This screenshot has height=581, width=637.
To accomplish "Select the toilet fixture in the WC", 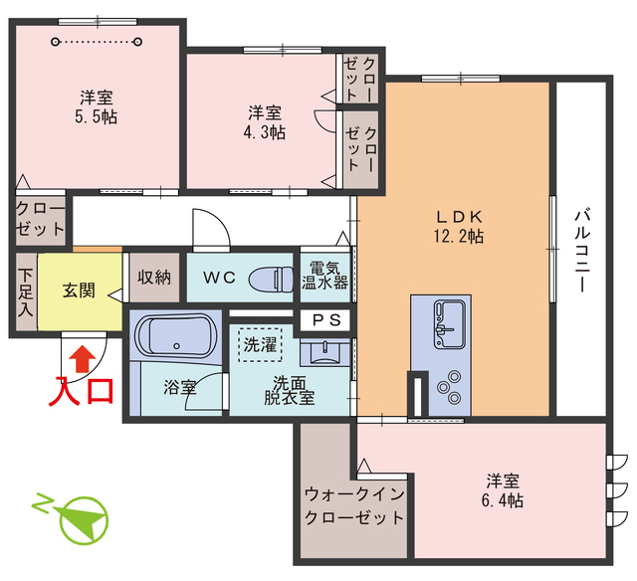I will [268, 278].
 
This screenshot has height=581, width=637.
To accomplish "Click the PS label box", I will [325, 320].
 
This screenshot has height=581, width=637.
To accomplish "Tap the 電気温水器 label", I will [325, 275].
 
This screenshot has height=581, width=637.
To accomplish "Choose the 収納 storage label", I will [153, 278].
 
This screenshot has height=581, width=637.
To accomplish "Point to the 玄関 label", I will [79, 290].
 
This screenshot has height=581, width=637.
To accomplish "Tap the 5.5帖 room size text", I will [97, 117].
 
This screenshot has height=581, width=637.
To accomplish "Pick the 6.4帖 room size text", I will [500, 499].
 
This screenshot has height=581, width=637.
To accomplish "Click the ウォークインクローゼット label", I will [354, 505].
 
